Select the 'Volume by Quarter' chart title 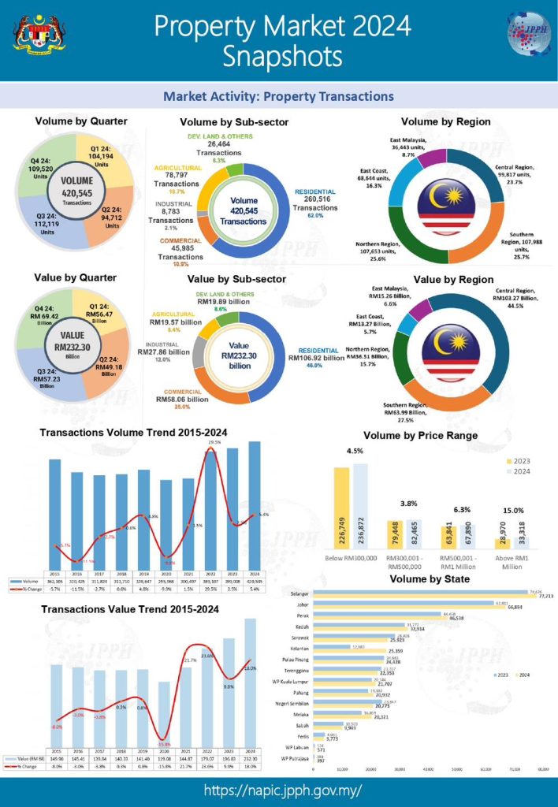pos(81,121)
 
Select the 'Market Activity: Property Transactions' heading pos(278,97)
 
